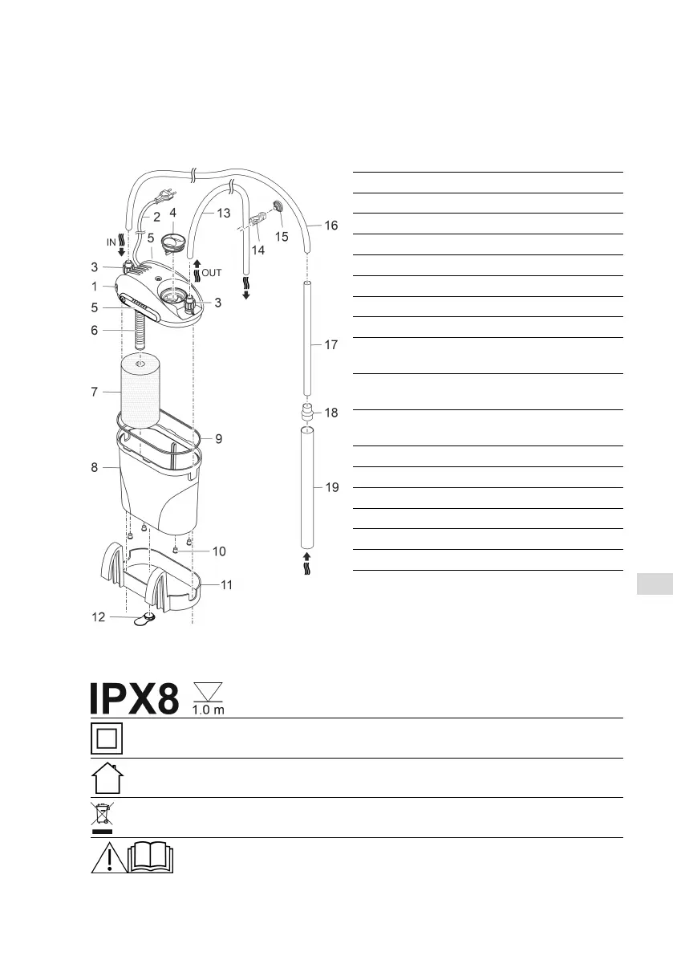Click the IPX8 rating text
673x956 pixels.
[x=135, y=698]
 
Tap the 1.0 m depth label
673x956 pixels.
[x=209, y=710]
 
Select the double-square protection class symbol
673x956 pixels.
[x=107, y=738]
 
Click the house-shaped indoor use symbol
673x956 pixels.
[x=107, y=778]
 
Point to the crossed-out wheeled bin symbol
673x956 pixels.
[x=102, y=818]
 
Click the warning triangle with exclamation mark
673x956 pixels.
[x=109, y=857]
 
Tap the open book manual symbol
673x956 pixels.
[x=151, y=857]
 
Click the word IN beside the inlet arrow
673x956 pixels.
[x=111, y=242]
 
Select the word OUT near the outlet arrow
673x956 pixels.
[x=211, y=273]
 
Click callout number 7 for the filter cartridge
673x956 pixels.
[x=95, y=392]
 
